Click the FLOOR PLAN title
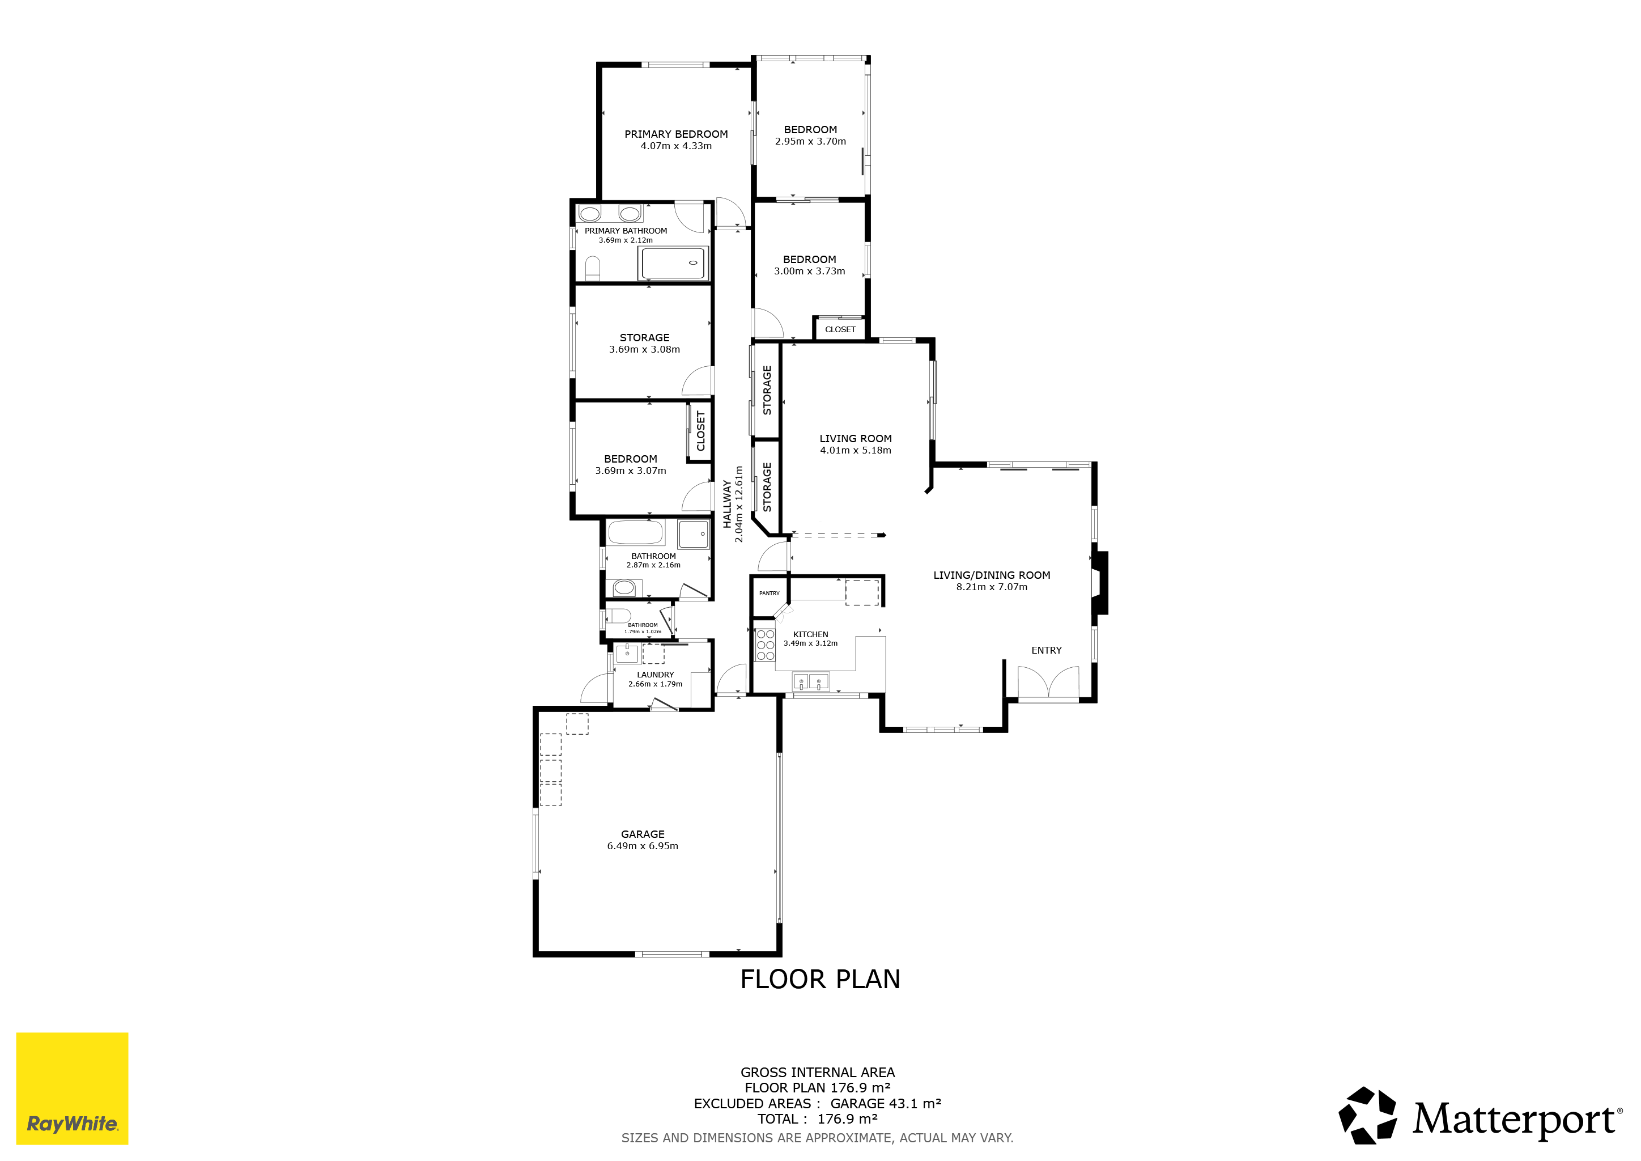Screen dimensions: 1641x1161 (820, 980)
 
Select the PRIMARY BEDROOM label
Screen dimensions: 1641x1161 (676, 134)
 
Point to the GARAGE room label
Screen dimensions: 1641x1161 (643, 834)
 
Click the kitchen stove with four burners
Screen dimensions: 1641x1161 (765, 645)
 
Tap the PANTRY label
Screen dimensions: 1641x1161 (769, 594)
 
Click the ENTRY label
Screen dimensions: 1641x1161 (1047, 651)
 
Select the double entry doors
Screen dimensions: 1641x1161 (1048, 683)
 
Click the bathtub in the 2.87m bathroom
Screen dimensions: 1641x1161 (635, 533)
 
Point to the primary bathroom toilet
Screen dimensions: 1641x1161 (593, 269)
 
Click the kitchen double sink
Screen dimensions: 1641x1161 (810, 682)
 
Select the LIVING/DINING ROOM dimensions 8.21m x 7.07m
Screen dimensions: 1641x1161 (992, 587)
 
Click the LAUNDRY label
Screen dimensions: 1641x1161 (656, 675)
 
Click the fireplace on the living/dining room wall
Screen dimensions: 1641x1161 (1099, 583)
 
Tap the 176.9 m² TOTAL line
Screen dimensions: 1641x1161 (818, 1119)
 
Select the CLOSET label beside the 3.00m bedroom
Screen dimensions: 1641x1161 (840, 329)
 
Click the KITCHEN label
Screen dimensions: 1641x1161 (810, 635)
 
